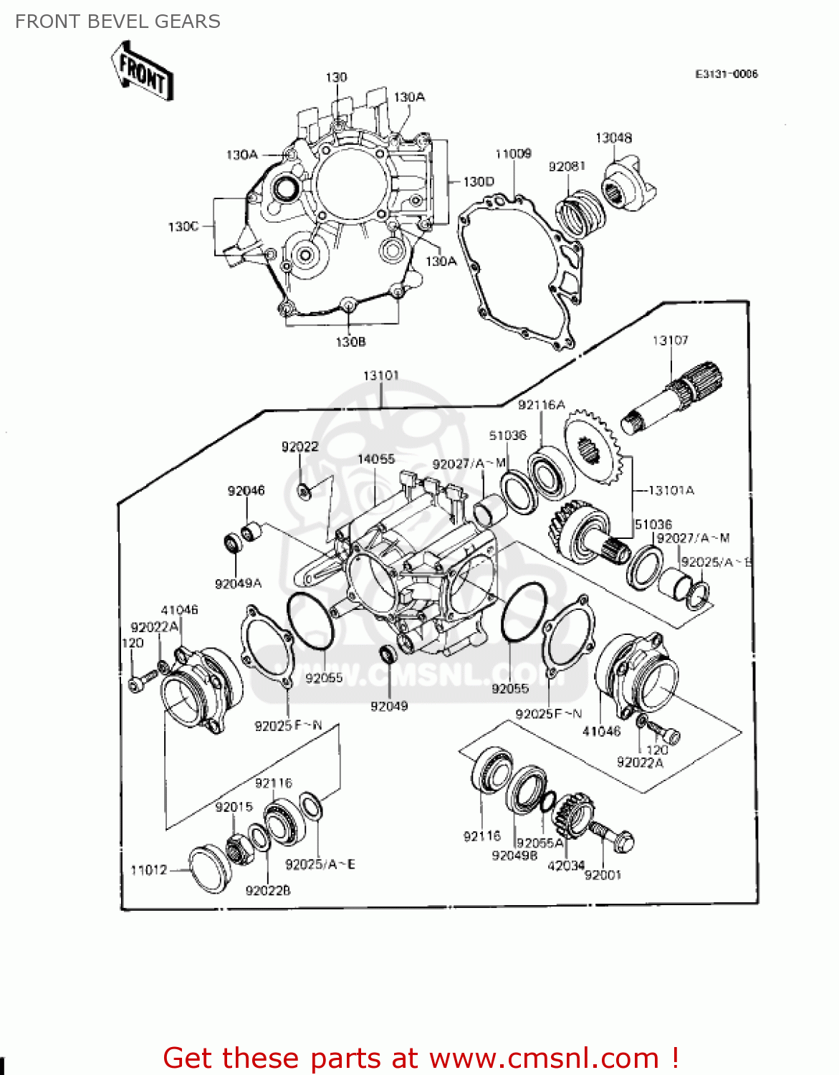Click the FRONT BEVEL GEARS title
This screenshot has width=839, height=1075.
click(x=118, y=21)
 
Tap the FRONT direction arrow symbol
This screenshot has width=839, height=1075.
click(x=142, y=72)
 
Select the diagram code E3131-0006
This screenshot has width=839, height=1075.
click(x=726, y=74)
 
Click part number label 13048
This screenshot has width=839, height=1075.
click(x=613, y=138)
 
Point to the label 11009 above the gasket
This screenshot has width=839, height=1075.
click(x=513, y=153)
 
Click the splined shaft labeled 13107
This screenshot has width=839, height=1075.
click(x=673, y=401)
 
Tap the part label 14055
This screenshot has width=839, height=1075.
click(x=376, y=459)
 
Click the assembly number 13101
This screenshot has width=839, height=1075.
click(x=380, y=376)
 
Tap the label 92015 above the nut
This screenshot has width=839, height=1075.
click(x=234, y=807)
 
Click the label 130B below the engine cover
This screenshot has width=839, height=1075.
click(x=350, y=342)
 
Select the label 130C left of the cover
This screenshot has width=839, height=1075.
click(x=183, y=226)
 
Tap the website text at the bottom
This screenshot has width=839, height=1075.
click(x=421, y=1058)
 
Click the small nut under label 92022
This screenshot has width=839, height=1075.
click(x=304, y=491)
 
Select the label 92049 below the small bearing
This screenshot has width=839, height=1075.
click(x=388, y=707)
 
